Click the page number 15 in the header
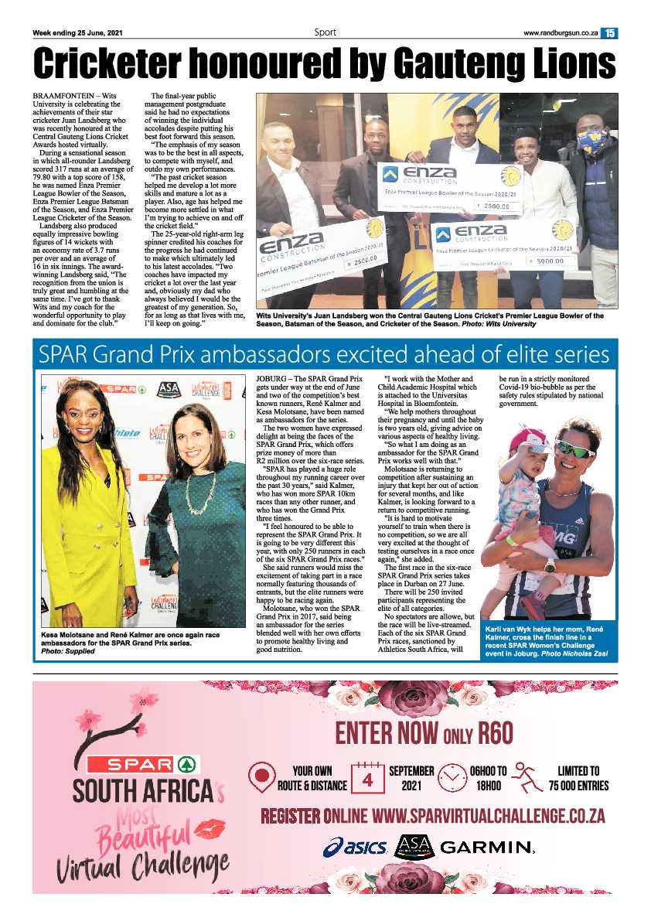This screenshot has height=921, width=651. click(610, 32)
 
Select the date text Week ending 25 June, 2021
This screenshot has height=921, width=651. click(77, 32)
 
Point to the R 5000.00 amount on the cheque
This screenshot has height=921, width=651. click(553, 261)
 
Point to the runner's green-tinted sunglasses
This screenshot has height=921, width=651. click(575, 448)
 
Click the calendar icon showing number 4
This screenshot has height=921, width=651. click(368, 778)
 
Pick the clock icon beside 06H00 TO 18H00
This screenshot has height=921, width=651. click(452, 778)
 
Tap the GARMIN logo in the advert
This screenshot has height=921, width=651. click(487, 848)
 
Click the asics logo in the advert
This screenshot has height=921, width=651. click(355, 848)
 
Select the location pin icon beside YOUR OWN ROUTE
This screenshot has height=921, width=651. click(263, 778)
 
